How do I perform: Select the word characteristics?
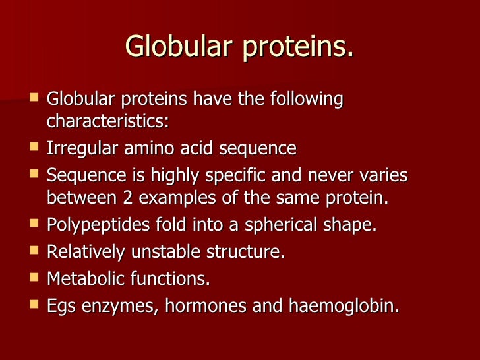[x=107, y=123]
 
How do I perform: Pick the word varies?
[x=383, y=175]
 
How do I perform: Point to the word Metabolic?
[x=84, y=279]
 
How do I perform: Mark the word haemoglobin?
[x=344, y=307]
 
